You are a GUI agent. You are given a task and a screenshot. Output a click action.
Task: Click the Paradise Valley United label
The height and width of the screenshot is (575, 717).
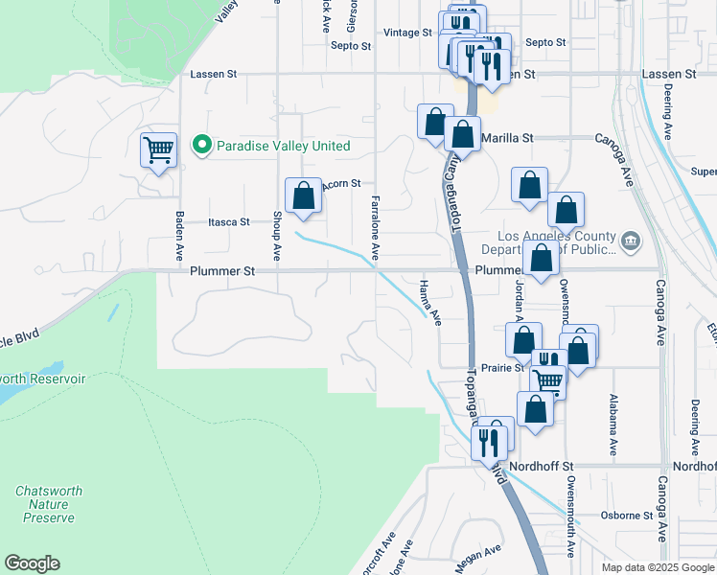pos(283,147)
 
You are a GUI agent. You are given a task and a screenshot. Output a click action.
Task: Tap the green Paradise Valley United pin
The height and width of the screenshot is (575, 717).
pos(202,147)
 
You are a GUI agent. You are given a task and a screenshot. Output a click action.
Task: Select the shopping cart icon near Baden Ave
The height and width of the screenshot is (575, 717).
pos(158,149)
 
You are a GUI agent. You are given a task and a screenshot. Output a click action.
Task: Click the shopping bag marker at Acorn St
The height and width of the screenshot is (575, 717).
pos(303,195)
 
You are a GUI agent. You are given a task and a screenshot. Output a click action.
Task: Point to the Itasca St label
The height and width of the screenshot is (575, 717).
pos(229,221)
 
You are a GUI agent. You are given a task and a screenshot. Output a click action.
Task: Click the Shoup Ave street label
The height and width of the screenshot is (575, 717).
pos(277,236)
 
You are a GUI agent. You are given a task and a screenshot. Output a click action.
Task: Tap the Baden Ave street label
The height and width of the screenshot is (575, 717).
pos(179,236)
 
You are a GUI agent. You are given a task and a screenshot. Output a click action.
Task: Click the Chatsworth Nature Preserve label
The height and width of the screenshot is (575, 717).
pos(48,504)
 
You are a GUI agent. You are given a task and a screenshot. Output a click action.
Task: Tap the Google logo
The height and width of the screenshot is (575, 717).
pos(32,563)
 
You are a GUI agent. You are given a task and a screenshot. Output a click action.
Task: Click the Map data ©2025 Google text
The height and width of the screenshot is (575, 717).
pos(658,567)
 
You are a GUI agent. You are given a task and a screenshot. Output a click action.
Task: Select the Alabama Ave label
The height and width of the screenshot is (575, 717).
pos(612,423)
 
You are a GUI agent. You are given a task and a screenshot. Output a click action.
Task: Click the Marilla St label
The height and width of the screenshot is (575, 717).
pos(506,138)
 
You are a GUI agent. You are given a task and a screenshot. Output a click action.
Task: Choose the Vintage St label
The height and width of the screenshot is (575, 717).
pos(407,33)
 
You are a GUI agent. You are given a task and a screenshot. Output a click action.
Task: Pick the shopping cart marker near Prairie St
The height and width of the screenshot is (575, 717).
pos(547,380)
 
